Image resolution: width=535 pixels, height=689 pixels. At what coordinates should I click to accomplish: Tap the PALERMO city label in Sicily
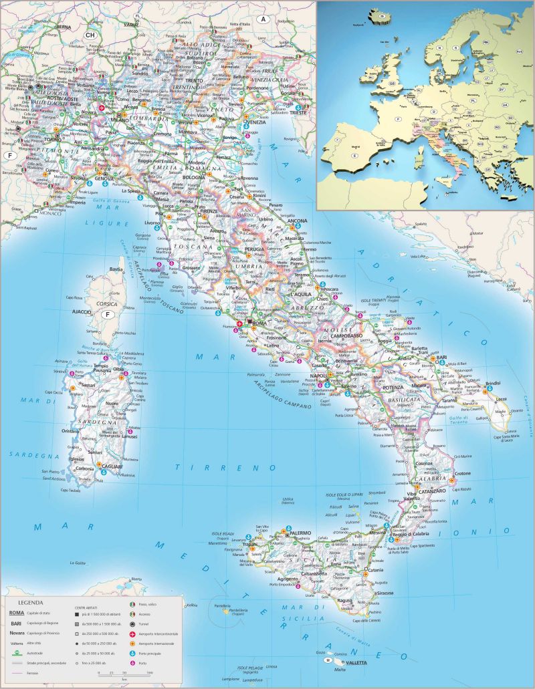pos(300,533)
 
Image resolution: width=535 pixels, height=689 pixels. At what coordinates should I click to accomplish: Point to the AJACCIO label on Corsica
pos(82,312)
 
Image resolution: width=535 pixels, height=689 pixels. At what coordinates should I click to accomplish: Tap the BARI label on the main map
pos(441,358)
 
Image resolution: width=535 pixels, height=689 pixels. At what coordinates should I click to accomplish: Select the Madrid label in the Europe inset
pos(355,144)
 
